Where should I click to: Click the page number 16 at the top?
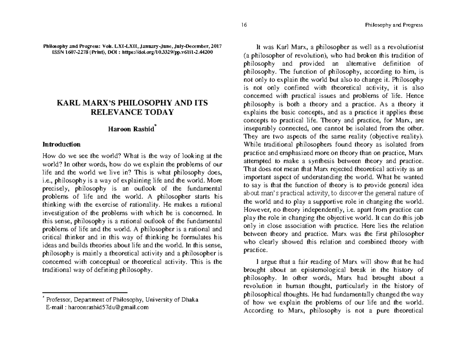pyautogui.click(x=244, y=25)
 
